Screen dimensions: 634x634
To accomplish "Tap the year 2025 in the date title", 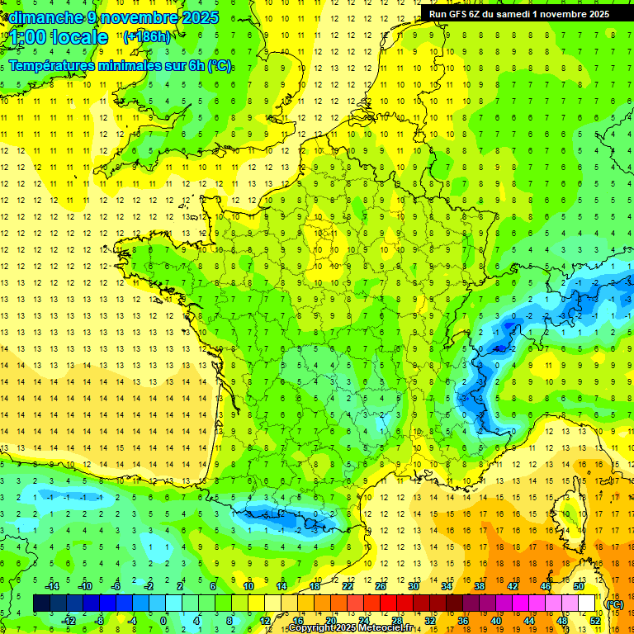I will coord(199,17).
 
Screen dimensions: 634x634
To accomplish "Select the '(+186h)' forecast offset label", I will coord(147,36).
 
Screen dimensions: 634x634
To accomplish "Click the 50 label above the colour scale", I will coord(578,586).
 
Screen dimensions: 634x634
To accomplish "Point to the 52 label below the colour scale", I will coord(595,621).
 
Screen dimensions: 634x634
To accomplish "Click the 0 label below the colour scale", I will coord(163,621).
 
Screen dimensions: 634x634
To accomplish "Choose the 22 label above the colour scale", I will coord(348,586).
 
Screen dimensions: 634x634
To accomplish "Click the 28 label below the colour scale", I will coord(397,621).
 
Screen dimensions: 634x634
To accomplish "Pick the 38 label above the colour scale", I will coord(479,586).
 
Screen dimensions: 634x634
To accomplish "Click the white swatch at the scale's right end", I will coord(587,603).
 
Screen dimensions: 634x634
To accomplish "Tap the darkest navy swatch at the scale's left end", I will coord(41,603).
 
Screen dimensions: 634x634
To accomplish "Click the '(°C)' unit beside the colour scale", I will coord(614,603).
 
